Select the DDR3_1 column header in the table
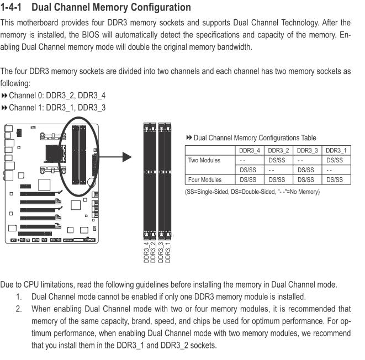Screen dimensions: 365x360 pyautogui.click(x=335, y=151)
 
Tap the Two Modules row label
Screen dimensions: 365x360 pyautogui.click(x=204, y=160)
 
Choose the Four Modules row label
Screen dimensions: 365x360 pyautogui.click(x=205, y=179)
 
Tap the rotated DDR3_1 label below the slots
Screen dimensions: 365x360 pyautogui.click(x=168, y=251)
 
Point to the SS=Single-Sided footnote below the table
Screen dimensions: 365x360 pyautogui.click(x=252, y=192)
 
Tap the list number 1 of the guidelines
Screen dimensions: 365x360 pyautogui.click(x=19, y=297)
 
